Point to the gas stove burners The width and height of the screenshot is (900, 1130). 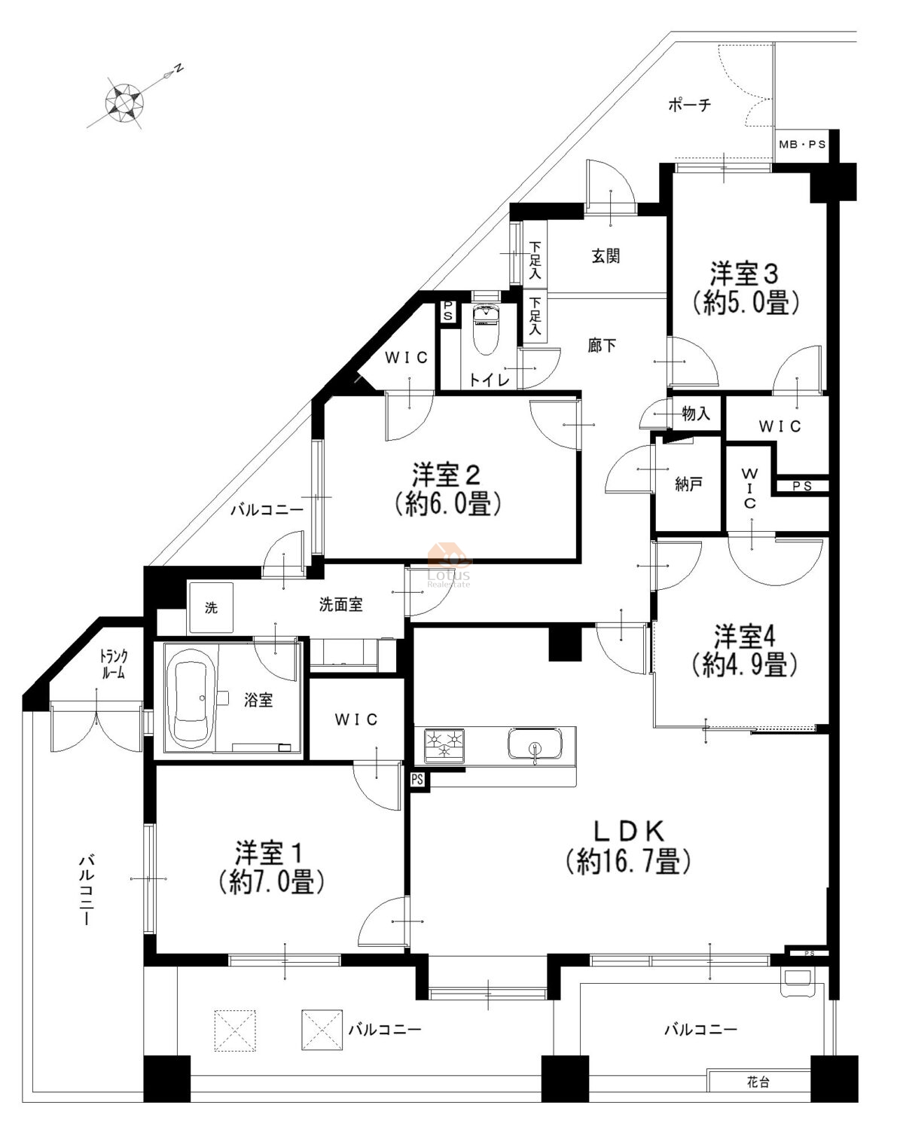tap(445, 745)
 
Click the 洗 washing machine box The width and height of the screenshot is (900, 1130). tap(211, 607)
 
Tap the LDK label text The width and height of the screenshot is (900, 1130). tap(629, 831)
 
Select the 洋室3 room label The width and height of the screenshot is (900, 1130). tap(744, 273)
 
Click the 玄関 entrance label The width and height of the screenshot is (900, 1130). tap(606, 256)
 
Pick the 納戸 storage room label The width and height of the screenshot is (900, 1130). tap(688, 484)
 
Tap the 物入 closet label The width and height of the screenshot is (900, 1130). tap(696, 414)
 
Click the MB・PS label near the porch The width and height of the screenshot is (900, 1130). tap(802, 144)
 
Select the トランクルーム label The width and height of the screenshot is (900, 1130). tap(114, 664)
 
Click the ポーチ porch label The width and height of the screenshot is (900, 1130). tap(689, 105)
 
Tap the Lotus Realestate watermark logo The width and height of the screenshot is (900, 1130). tap(449, 565)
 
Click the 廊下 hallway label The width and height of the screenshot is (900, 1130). tap(602, 346)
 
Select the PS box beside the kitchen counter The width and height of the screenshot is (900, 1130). tap(418, 779)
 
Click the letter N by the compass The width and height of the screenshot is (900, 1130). tap(179, 68)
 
